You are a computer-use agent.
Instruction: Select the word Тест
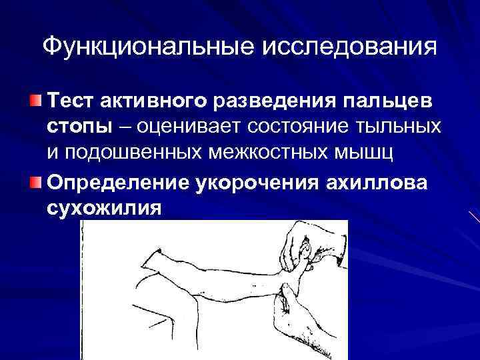(x=72, y=102)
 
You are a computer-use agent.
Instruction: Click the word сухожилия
(x=103, y=207)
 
